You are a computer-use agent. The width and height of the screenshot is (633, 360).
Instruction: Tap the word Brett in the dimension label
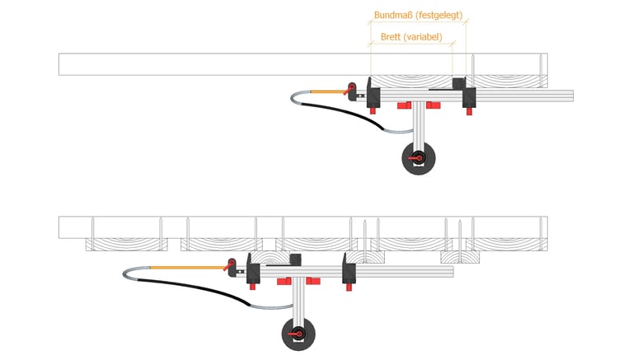pyautogui.click(x=391, y=37)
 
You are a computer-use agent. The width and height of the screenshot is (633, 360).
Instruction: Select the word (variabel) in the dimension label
pyautogui.click(x=423, y=37)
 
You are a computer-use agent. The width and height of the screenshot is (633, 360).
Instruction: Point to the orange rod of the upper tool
pyautogui.click(x=328, y=92)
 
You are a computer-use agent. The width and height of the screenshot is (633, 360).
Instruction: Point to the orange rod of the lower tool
pyautogui.click(x=188, y=268)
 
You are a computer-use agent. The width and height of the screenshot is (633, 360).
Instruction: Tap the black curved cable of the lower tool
pyautogui.click(x=194, y=288)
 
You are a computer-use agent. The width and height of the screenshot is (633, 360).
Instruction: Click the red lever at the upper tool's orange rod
pyautogui.click(x=349, y=90)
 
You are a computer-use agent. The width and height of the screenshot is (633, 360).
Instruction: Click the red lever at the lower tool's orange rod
pyautogui.click(x=229, y=265)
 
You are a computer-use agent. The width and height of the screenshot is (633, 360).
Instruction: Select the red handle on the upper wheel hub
pyautogui.click(x=415, y=158)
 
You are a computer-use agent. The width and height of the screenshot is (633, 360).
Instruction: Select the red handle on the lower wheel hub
pyautogui.click(x=295, y=334)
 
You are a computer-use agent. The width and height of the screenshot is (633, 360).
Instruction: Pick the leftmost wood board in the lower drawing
pyautogui.click(x=126, y=244)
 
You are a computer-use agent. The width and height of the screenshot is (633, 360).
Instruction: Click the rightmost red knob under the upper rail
pyautogui.click(x=469, y=110)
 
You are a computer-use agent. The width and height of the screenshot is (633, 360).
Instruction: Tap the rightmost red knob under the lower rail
pyautogui.click(x=349, y=287)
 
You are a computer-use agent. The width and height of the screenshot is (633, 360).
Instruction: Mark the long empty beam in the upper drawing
pyautogui.click(x=302, y=64)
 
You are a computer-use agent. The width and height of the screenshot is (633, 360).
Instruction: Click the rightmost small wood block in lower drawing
pyautogui.click(x=460, y=257)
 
